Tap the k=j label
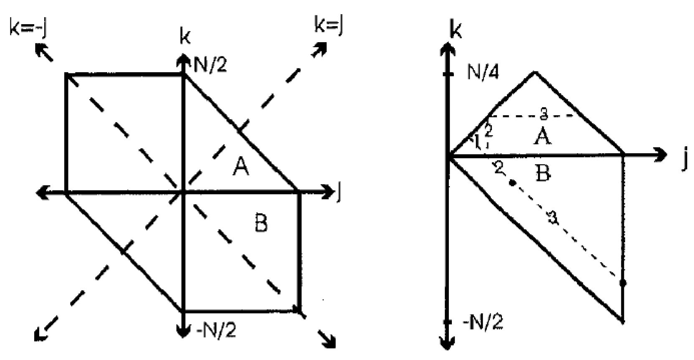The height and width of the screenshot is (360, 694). click(329, 26)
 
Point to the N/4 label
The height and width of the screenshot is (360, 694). click(483, 73)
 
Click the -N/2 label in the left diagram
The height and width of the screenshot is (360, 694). click(216, 330)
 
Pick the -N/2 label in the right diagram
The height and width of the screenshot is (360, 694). click(483, 322)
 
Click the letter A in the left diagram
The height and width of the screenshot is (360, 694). click(241, 167)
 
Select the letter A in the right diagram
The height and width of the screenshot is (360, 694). click(542, 136)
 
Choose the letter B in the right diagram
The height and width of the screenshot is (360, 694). click(542, 172)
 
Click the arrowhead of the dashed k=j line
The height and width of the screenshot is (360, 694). click(320, 49)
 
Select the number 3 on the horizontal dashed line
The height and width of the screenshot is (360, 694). click(543, 113)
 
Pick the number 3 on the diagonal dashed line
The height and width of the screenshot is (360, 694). click(552, 218)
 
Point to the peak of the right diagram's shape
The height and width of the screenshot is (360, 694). click(535, 73)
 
